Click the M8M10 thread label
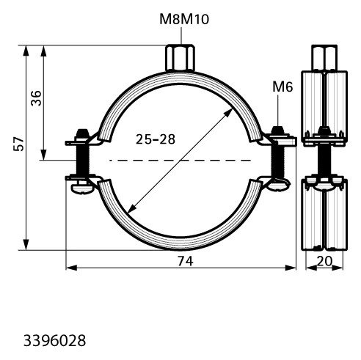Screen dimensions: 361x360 184,19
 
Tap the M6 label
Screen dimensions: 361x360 282,87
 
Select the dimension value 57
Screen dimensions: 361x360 18,144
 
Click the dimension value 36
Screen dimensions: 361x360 36,98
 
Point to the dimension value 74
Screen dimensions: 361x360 186,261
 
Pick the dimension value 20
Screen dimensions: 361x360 324,261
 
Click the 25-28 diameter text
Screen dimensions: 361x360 156,139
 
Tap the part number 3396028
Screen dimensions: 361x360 54,341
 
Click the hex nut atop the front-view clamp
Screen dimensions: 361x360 180,58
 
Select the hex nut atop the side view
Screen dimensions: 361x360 324,58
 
